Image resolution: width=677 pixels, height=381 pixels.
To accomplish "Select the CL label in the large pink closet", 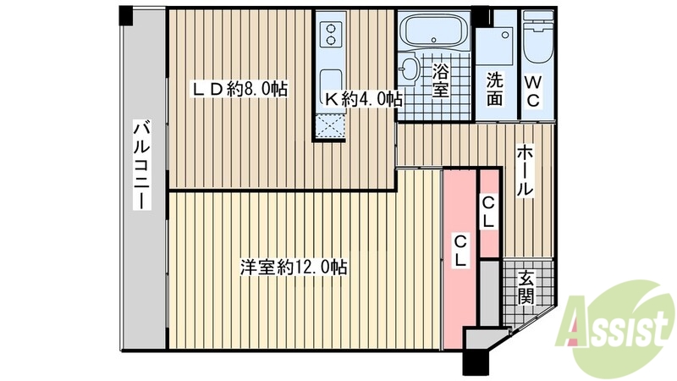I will [460, 252].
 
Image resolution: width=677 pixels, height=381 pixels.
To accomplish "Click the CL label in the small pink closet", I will [489, 212].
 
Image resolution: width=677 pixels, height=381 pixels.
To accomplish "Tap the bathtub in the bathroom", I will [434, 33].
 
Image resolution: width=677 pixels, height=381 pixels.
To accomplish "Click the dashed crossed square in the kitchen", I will [332, 124].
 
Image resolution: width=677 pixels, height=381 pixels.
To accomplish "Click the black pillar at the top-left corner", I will [125, 14].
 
